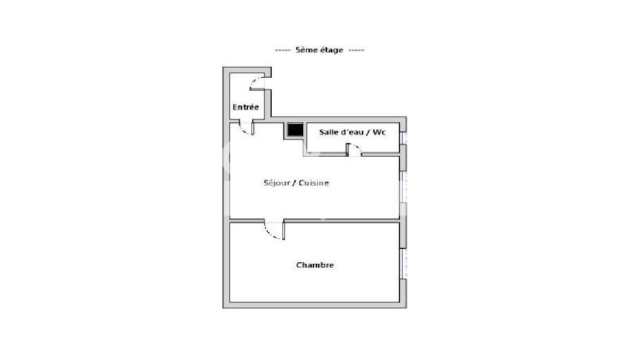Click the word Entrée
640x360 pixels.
(x=246, y=107)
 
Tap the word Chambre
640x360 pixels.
(x=314, y=265)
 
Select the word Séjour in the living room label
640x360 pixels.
(x=277, y=183)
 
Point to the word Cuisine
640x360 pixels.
(x=314, y=183)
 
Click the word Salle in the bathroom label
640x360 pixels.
(x=328, y=132)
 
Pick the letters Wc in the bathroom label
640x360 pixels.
(x=379, y=132)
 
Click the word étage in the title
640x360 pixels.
(x=330, y=50)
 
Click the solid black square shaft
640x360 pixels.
(x=295, y=130)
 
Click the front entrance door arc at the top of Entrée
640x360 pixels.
(x=254, y=81)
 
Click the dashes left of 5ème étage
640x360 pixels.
(x=283, y=50)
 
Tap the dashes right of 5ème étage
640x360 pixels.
(x=356, y=50)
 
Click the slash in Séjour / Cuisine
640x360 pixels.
(x=294, y=183)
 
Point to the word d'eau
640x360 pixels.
(x=355, y=132)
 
